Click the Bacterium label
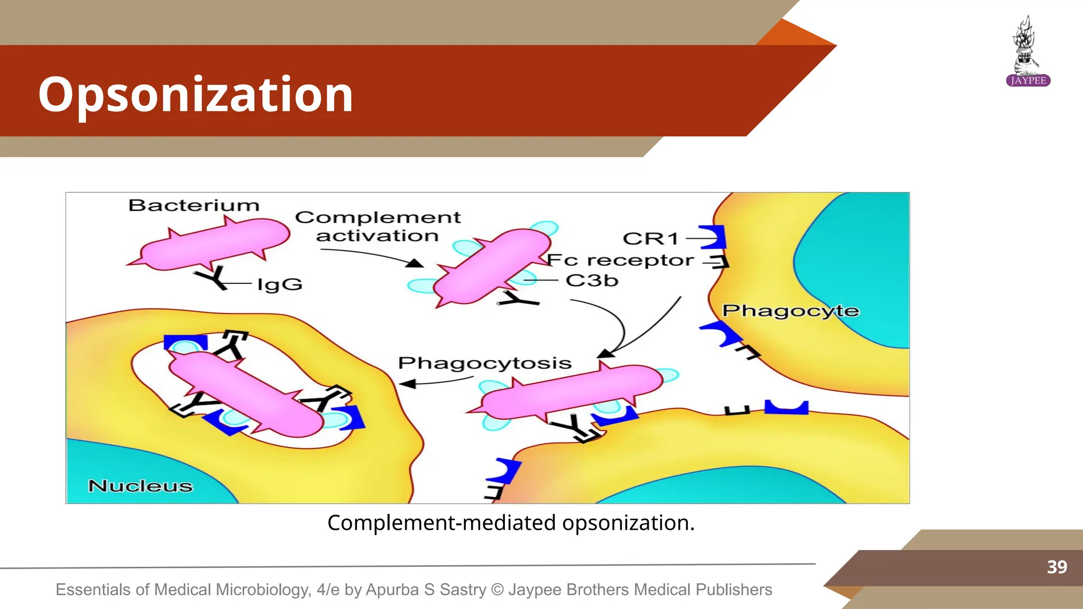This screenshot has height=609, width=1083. [x=194, y=205]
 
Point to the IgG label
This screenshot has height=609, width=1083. [x=280, y=284]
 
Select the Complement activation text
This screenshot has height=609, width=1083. [x=378, y=226]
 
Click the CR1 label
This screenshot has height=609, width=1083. [x=650, y=238]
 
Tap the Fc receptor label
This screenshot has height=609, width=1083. [x=620, y=260]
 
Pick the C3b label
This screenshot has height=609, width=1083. [x=592, y=280]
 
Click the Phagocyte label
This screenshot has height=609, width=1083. [x=791, y=310]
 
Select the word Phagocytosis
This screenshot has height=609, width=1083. [x=484, y=363]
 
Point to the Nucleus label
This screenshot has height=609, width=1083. [x=140, y=485]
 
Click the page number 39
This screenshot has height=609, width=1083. [x=1057, y=567]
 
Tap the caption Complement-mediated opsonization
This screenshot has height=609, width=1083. [x=511, y=523]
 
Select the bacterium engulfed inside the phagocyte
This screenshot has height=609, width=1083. [x=246, y=394]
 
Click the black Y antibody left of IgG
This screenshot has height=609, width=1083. [x=213, y=278]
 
